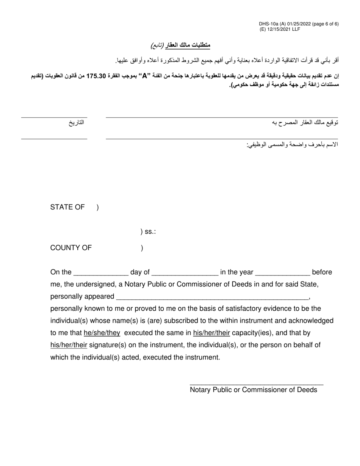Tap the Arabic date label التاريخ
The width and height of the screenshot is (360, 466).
click(76, 123)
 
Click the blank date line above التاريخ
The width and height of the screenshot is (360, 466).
click(54, 117)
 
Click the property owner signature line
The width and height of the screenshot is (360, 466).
click(222, 117)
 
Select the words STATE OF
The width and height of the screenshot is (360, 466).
click(67, 207)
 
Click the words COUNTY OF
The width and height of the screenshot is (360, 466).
click(71, 248)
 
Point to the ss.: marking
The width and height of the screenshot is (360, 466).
click(149, 231)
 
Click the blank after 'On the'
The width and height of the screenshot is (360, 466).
click(101, 273)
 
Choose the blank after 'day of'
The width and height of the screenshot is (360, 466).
click(185, 273)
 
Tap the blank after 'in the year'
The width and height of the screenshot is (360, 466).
click(283, 273)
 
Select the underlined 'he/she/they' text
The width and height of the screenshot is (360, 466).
click(102, 333)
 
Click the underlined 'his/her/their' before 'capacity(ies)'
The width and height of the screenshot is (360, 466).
click(211, 333)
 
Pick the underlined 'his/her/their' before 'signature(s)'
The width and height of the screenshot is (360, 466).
click(69, 345)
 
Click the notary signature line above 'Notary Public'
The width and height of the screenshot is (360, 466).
click(256, 385)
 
